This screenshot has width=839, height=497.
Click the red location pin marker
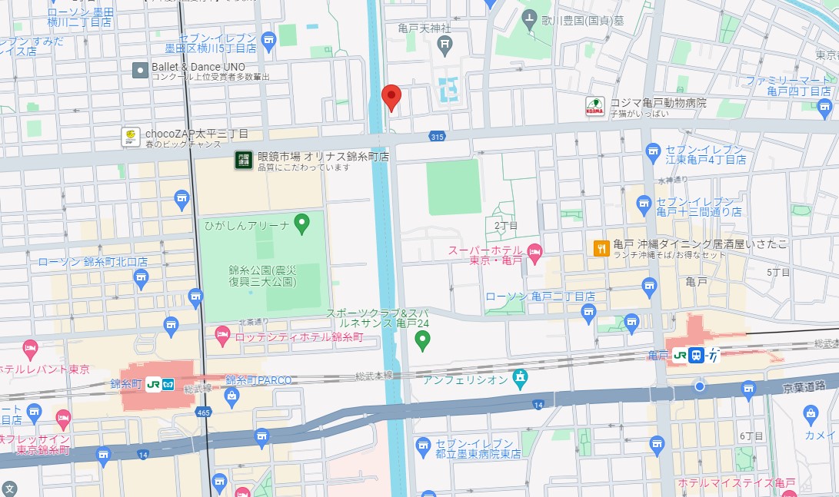[391, 98]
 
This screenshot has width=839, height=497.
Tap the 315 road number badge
[438, 136]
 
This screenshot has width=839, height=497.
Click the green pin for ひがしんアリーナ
[302, 224]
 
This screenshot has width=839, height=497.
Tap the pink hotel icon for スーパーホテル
[535, 251]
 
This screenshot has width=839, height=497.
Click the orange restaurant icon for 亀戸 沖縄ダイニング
[601, 247]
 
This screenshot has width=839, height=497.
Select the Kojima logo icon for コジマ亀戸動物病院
[594, 106]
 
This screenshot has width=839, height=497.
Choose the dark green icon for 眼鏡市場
[244, 161]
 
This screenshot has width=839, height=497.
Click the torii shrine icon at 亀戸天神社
[445, 44]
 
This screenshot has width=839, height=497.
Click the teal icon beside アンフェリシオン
[521, 378]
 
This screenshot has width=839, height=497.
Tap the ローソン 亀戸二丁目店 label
[540, 296]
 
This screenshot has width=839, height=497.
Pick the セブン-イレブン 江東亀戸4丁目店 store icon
[654, 151]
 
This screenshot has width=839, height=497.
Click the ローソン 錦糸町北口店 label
[93, 262]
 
